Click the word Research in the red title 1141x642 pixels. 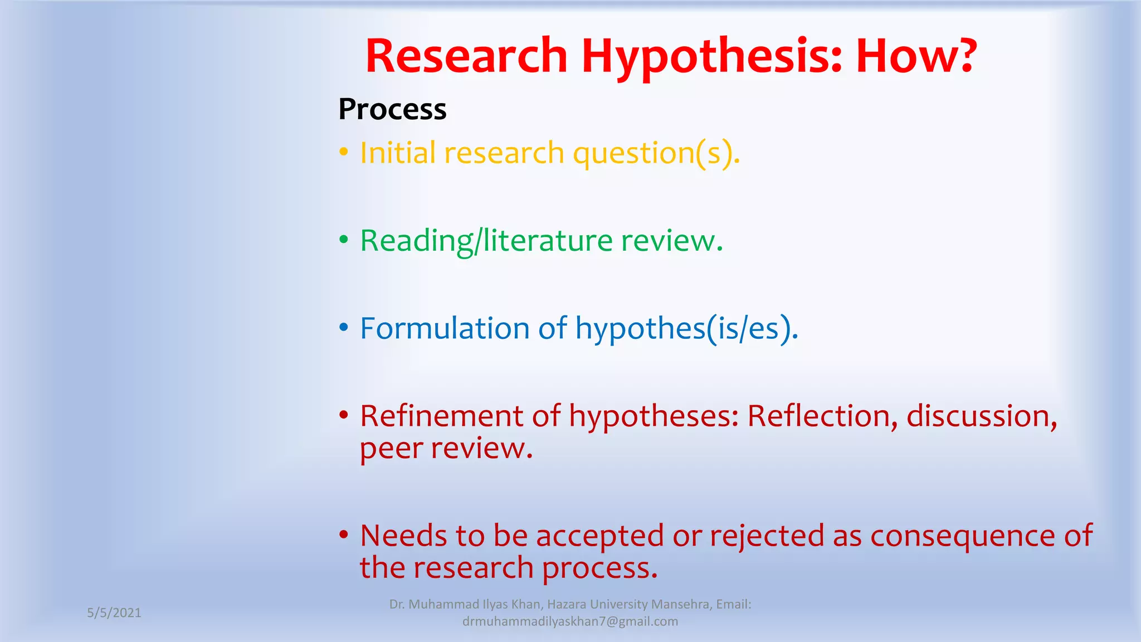coord(466,56)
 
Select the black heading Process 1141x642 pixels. coord(392,109)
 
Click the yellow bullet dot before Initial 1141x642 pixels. coord(344,152)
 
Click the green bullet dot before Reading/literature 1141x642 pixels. coord(344,240)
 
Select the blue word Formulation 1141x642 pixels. coord(444,328)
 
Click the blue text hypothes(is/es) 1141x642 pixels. coord(686,329)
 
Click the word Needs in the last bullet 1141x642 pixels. coord(403,536)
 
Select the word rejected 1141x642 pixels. coord(767,537)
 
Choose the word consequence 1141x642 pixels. coord(963,537)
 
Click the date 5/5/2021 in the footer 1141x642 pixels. coord(114,613)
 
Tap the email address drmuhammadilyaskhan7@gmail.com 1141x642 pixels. coord(570,622)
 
